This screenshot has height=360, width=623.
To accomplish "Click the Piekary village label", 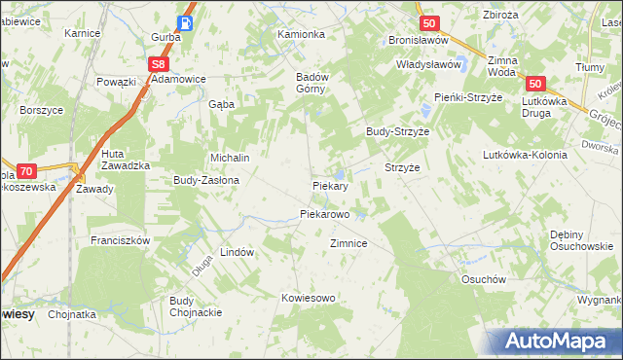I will pos(330,184).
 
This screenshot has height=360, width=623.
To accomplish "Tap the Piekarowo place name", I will pos(324,213).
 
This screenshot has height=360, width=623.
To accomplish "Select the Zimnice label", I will pos(348,243).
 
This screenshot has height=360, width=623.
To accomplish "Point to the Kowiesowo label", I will pos(308,298).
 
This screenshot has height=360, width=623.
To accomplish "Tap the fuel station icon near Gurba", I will pos(185,21).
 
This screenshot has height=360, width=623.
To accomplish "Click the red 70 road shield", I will pos(27,169).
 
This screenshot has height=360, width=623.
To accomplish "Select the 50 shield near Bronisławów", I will pos(428,22).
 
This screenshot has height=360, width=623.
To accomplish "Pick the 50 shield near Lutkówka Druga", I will pos(539,85).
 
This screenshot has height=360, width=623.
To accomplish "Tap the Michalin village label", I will pos(231,158).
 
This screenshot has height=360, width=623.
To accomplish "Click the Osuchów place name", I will pos(485,278).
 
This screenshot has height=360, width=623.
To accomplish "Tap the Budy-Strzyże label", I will pos(397,130).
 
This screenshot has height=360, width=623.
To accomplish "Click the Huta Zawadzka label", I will pos(125,160).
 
